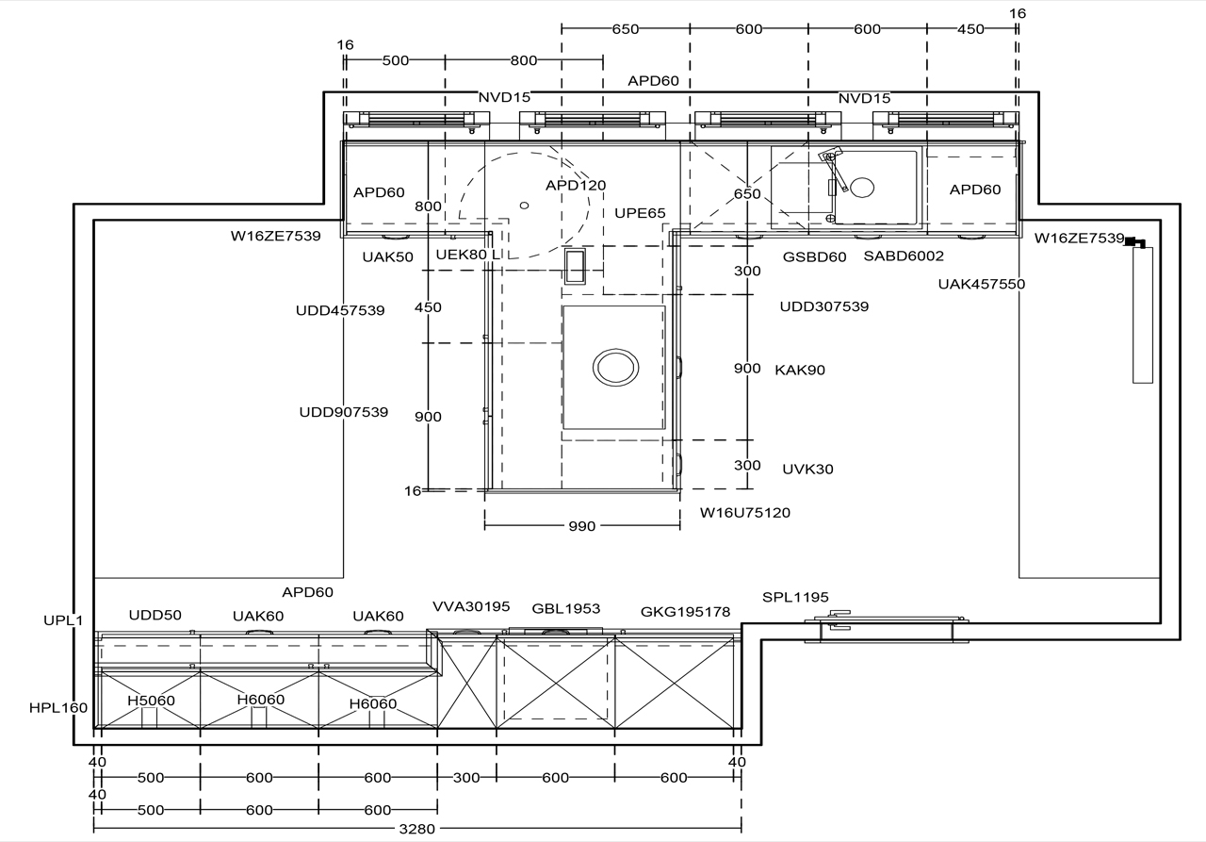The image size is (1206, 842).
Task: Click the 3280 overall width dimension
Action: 416,829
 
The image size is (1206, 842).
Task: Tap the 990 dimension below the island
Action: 582,526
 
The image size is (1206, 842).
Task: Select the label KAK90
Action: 800,371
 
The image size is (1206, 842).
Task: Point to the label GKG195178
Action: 685,612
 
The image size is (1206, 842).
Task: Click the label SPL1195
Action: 795,597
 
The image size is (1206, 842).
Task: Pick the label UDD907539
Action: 344,412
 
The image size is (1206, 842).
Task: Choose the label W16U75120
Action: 745,512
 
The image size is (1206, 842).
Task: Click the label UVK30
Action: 807,470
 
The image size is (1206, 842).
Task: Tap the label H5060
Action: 151,701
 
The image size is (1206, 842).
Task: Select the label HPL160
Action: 58,708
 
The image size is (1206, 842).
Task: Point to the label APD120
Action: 576,186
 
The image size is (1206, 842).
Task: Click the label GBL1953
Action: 566,608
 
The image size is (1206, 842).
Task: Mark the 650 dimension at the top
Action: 625,29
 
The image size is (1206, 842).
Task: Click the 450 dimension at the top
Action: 970,29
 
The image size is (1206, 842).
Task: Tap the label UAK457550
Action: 982,284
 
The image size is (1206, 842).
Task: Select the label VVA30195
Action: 471,606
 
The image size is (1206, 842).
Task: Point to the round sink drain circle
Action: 862,188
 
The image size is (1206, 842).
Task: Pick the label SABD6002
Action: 904,256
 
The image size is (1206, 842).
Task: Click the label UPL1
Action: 63,620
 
